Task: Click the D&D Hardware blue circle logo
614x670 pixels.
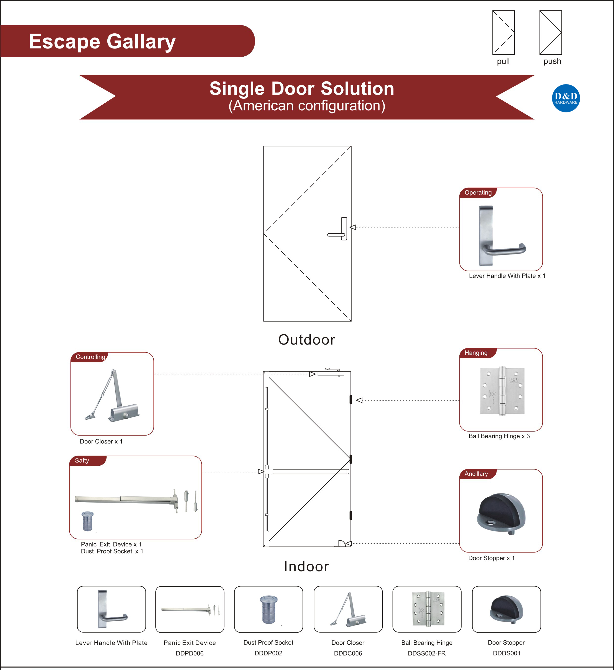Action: [x=566, y=98]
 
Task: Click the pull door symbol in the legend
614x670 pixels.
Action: [x=503, y=33]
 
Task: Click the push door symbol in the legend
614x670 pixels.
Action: [x=550, y=33]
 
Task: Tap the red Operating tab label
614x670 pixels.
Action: [x=478, y=193]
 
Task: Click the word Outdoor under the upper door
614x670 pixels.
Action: [x=307, y=340]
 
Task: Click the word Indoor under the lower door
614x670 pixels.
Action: [x=307, y=566]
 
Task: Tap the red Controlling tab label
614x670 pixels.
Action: [x=90, y=357]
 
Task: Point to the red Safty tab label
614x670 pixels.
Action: [x=82, y=461]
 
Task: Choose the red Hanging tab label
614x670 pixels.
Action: [x=476, y=353]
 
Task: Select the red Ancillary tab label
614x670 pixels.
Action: [x=476, y=474]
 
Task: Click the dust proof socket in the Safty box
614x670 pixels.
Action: [x=87, y=521]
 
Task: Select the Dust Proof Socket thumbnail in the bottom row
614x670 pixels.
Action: [x=268, y=609]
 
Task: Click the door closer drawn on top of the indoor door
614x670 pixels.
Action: [x=331, y=372]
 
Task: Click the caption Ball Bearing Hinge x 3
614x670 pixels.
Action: [x=499, y=436]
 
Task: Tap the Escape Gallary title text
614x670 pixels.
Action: [x=102, y=42]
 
